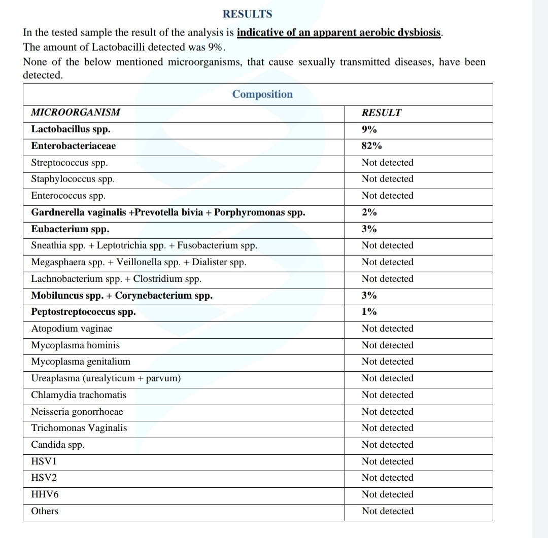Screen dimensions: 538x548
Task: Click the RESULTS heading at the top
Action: coord(248,14)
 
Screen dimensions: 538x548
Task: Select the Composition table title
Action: coord(262,94)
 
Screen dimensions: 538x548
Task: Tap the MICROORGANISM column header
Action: coord(76,113)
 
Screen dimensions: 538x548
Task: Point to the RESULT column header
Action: coord(381,113)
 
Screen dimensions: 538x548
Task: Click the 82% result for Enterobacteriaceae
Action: coord(371,146)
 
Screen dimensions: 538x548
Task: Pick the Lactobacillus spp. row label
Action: coord(71,129)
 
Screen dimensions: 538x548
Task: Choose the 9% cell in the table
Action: coord(369,129)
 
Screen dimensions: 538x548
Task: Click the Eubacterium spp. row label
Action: coord(70,229)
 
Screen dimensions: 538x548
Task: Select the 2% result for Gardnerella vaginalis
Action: coord(369,212)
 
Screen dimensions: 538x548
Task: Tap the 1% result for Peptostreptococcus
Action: coord(369,312)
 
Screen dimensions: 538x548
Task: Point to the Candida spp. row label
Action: coord(58,445)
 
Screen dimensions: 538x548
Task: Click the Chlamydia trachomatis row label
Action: coord(79,395)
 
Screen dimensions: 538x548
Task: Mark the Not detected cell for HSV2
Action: coord(387,478)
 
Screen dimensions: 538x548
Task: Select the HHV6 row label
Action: coord(42,494)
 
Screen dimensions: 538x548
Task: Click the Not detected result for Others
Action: coord(387,511)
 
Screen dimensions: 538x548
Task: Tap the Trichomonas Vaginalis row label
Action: coord(79,428)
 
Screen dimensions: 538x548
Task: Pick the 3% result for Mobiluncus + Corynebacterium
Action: coord(369,295)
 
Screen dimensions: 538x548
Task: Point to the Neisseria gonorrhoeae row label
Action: coord(77,412)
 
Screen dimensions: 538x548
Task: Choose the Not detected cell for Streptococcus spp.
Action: coord(387,163)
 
